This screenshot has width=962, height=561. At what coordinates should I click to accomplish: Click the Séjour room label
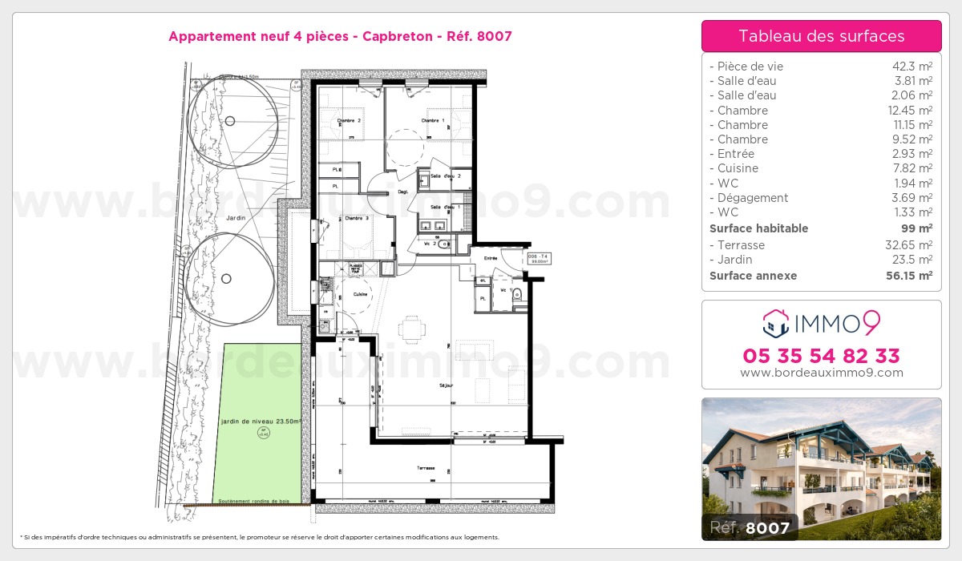click(447, 385)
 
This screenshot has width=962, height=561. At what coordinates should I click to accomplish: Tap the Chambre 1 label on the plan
click(433, 121)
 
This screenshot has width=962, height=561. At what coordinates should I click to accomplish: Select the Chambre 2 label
click(349, 121)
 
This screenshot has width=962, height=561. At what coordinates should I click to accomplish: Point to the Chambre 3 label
click(357, 218)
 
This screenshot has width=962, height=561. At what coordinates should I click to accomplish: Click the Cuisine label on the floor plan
click(360, 294)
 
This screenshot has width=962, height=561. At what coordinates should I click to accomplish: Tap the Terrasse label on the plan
click(425, 468)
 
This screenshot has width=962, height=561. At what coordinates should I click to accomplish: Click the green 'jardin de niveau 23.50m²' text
click(261, 421)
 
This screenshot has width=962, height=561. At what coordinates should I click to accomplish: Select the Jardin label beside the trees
click(234, 217)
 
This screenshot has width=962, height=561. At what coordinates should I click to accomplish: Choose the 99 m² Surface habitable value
click(919, 228)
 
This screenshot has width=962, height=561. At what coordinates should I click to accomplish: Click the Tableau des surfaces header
click(821, 36)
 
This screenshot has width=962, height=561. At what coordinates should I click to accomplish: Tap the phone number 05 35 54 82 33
click(821, 356)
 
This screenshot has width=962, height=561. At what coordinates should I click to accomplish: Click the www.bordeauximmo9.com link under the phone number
click(821, 373)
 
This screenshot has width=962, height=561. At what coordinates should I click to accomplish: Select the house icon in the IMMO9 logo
click(776, 325)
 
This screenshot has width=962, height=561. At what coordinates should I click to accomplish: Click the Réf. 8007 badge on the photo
click(749, 527)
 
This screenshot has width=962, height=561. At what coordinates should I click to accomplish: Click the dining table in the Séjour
click(412, 329)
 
